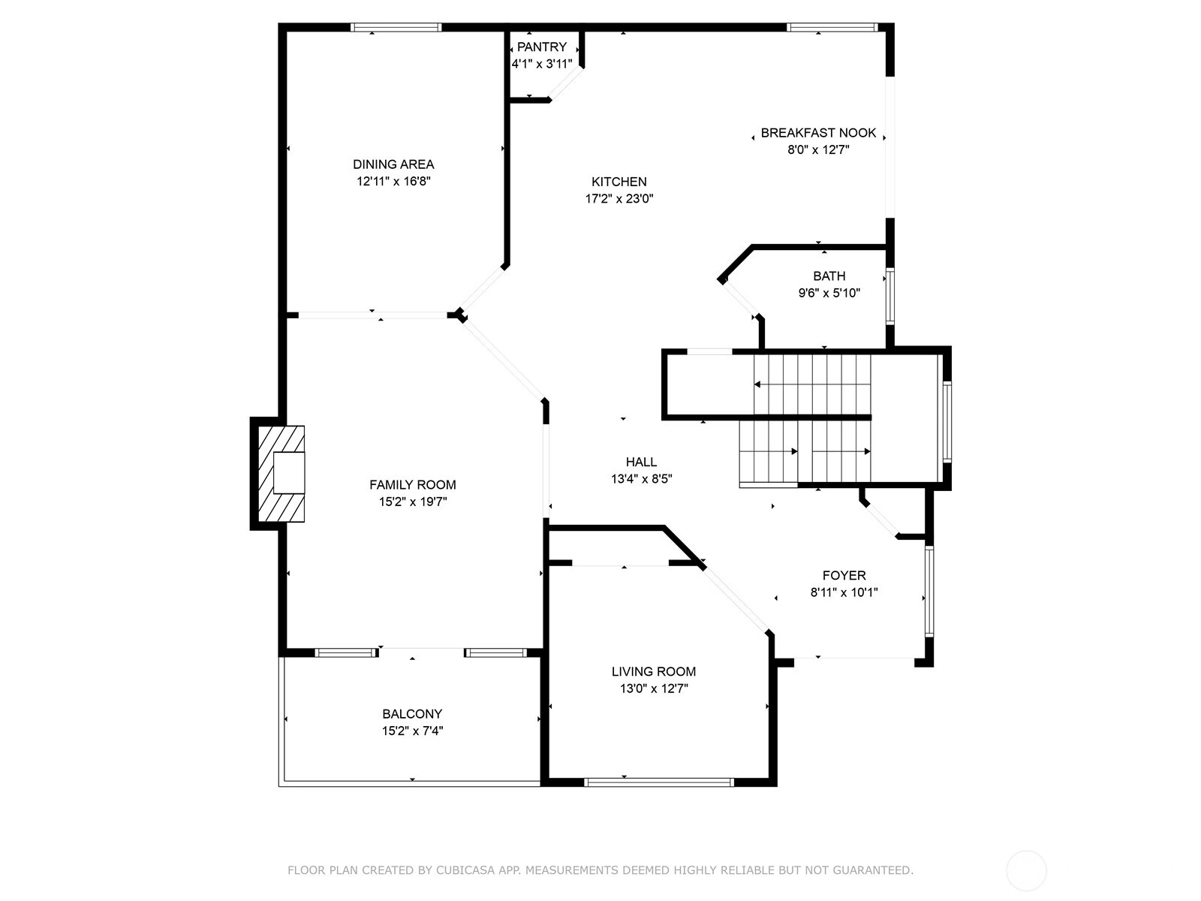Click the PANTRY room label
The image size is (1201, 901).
[542, 47]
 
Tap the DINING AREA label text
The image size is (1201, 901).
[393, 164]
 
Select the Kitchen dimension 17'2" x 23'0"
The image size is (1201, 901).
[619, 198]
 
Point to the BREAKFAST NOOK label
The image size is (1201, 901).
[818, 133]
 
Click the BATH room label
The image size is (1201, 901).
[829, 276]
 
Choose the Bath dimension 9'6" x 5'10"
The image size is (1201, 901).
[829, 294]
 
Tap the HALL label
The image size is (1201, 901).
[641, 463]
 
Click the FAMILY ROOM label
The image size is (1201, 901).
[413, 485]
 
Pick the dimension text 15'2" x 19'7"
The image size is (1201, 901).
[413, 502]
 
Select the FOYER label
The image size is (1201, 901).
[844, 575]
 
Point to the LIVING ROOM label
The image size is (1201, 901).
[654, 671]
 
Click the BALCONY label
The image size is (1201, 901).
[412, 714]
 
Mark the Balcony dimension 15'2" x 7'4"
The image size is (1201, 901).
[412, 731]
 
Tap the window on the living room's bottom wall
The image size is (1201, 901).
[659, 782]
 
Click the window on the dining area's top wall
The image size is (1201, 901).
[396, 27]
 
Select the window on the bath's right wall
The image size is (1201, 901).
[890, 297]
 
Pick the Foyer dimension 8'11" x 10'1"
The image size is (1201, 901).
[844, 592]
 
